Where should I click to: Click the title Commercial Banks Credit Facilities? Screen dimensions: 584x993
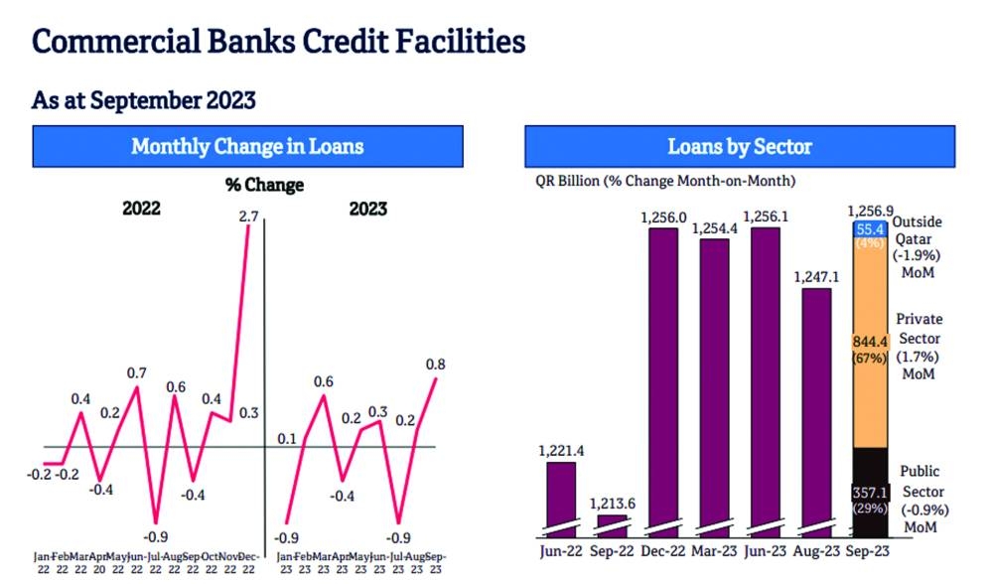click(x=278, y=42)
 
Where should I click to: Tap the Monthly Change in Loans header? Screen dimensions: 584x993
click(x=247, y=147)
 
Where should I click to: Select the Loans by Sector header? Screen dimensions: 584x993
click(x=740, y=147)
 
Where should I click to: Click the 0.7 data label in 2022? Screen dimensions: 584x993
click(x=136, y=373)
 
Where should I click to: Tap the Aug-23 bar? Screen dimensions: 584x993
click(x=816, y=407)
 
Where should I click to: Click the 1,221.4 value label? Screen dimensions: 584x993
click(x=562, y=451)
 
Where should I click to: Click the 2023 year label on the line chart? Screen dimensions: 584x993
click(x=368, y=210)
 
